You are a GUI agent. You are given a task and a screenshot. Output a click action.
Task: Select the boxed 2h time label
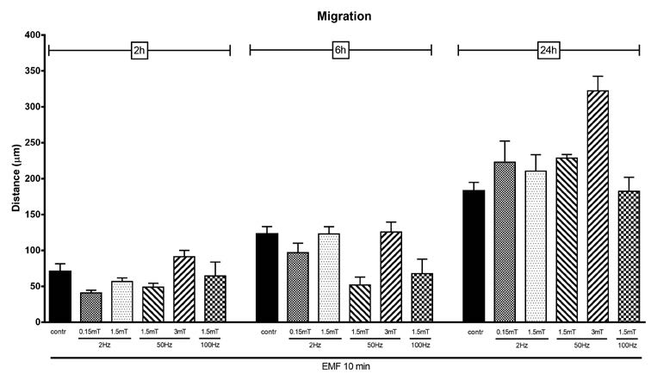pyautogui.click(x=139, y=50)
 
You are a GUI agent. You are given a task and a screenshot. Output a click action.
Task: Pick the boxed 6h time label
pyautogui.click(x=340, y=50)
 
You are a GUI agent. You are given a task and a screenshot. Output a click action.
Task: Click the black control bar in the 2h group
pyautogui.click(x=59, y=296)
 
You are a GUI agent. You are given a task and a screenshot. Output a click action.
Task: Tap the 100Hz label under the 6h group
pyautogui.click(x=420, y=345)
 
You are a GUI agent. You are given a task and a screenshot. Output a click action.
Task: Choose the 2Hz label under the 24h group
pyautogui.click(x=520, y=345)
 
